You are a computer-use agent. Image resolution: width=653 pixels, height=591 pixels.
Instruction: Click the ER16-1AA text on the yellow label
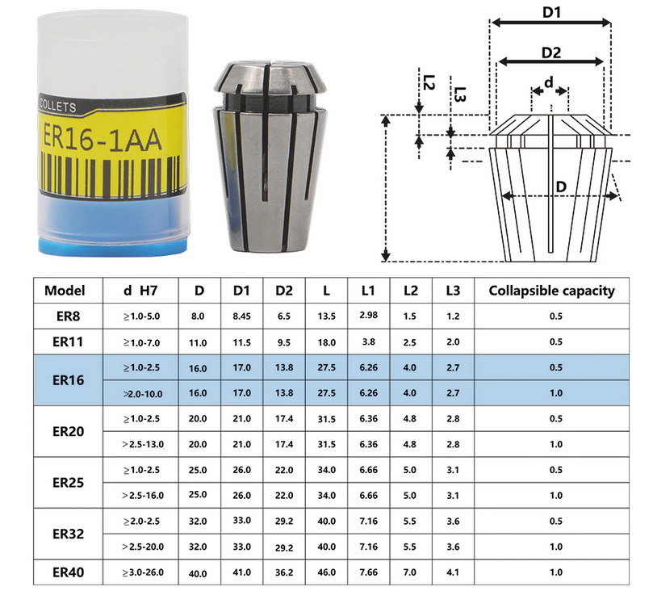coord(102,138)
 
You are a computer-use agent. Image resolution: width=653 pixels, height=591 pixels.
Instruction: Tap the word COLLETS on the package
coord(57,106)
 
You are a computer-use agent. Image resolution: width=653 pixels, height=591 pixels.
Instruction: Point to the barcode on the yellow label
coord(111,174)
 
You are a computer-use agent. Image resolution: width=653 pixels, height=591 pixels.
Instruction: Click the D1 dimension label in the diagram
coord(551,12)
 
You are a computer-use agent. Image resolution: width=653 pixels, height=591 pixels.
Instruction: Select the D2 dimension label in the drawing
coord(551,52)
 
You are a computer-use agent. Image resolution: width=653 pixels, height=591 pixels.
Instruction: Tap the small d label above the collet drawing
coord(549,82)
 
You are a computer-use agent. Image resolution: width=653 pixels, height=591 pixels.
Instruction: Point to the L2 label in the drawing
coord(429,82)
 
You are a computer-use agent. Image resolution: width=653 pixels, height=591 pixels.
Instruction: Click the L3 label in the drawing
coord(459,94)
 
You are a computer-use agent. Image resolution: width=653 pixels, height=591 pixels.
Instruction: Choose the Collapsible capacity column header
coord(551,291)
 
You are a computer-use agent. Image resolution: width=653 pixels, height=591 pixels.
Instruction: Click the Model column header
coord(65,291)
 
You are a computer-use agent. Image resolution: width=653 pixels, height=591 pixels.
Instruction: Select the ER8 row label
coord(68,316)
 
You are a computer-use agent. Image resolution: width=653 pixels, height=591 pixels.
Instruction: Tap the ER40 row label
coord(68,572)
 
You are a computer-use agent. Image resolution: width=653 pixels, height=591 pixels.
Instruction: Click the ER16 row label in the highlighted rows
coord(68,379)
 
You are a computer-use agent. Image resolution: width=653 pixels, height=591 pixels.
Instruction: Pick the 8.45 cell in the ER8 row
coord(241,316)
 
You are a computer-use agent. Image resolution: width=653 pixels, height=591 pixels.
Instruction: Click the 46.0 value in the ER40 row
coord(326,572)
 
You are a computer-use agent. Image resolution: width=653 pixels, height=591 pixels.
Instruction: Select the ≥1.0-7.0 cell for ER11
coord(141,342)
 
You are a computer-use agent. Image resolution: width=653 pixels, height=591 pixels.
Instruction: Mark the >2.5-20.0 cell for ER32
coord(143,547)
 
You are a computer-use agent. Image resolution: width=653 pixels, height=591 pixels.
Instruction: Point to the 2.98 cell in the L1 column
coord(369,315)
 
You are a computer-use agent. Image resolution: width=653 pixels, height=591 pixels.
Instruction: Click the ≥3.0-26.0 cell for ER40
coord(143,572)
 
